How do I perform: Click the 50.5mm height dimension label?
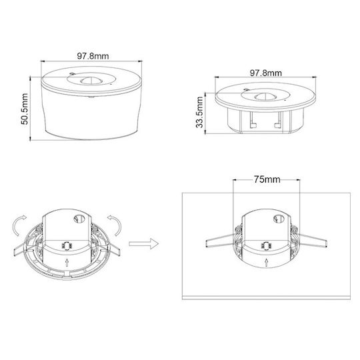tap(25, 109)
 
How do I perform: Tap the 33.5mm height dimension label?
tap(199, 112)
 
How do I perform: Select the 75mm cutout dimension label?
tap(267, 179)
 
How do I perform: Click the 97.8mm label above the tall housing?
tap(93, 56)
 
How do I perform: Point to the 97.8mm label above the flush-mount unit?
tap(265, 73)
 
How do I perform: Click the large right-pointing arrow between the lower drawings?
tap(144, 243)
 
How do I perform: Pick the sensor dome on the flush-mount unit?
tap(265, 97)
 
